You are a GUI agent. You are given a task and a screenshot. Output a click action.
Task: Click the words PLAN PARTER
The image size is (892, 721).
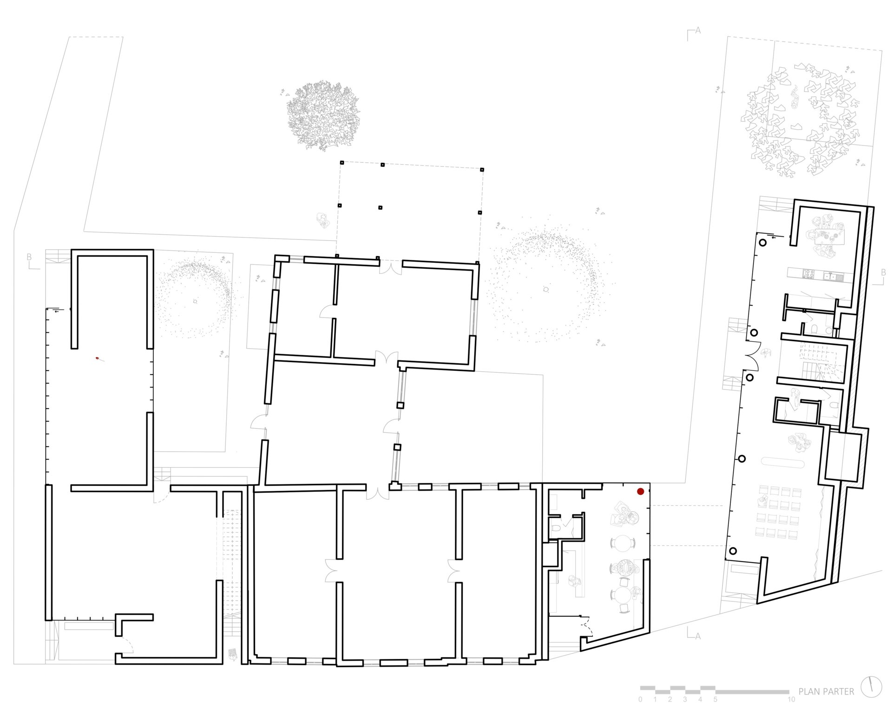click(x=826, y=692)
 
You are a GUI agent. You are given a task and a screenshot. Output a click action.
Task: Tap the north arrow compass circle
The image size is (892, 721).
click(x=871, y=687)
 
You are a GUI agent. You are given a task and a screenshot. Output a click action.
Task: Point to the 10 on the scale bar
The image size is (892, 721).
click(x=791, y=700)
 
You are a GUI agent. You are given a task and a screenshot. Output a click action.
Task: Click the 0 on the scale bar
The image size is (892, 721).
click(x=640, y=700)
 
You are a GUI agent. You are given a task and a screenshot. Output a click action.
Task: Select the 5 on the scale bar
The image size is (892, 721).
click(x=715, y=700)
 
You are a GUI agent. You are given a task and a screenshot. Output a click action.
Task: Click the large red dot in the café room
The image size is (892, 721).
click(x=640, y=491)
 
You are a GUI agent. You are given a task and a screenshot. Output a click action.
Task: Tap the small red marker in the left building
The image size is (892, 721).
click(x=98, y=358)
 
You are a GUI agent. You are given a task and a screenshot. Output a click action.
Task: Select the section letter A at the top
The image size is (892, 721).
click(x=697, y=31)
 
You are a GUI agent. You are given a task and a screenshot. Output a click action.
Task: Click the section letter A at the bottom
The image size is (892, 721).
click(x=697, y=636)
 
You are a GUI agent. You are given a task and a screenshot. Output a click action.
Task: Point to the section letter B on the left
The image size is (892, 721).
click(x=29, y=257)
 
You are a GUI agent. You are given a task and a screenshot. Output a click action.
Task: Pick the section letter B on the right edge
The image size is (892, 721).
click(x=883, y=273)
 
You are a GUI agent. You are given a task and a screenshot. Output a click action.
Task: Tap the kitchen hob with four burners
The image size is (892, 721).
click(x=808, y=274)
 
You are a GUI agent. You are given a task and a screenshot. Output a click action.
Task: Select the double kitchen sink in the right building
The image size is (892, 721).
click(x=833, y=277)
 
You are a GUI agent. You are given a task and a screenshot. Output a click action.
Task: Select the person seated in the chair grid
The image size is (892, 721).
click(x=762, y=501)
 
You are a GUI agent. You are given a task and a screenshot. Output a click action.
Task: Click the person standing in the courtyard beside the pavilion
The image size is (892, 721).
click(x=321, y=219)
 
